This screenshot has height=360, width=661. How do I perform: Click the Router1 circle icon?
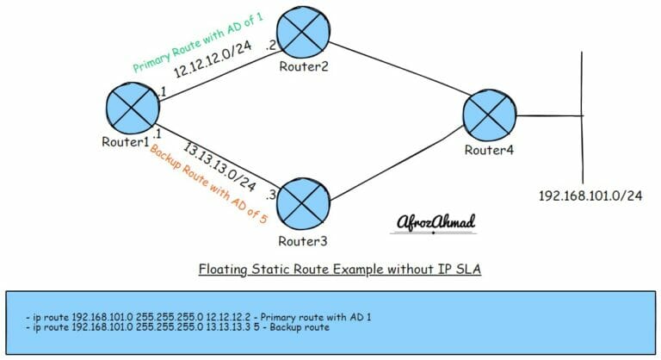[x=132, y=108]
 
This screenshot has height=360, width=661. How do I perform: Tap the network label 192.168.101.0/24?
[x=590, y=196]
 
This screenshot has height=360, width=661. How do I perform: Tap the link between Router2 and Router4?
[x=396, y=70]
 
